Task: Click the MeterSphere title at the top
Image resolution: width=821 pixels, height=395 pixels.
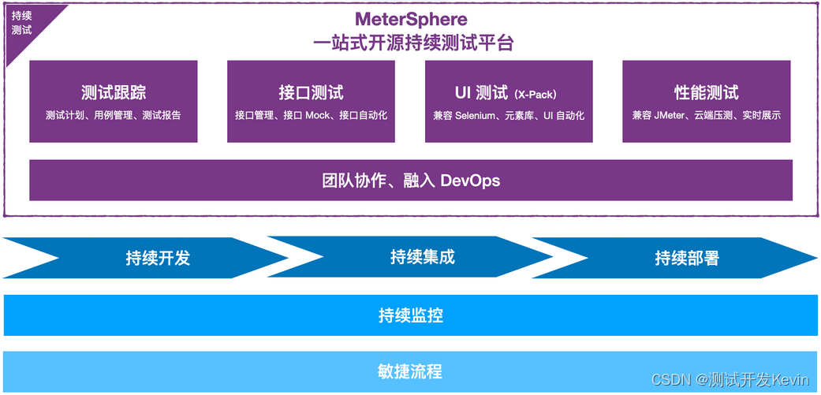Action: pyautogui.click(x=411, y=19)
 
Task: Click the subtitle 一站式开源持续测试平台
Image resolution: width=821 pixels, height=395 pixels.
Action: pyautogui.click(x=411, y=43)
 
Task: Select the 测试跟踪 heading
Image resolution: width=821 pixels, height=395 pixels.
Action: pyautogui.click(x=114, y=92)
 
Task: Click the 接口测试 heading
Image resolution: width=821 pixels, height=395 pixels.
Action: pyautogui.click(x=311, y=92)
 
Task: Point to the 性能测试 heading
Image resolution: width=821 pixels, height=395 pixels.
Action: pyautogui.click(x=707, y=92)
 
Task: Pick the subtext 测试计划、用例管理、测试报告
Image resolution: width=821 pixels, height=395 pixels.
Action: pyautogui.click(x=114, y=115)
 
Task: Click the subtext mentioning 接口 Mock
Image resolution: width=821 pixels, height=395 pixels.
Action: pyautogui.click(x=311, y=115)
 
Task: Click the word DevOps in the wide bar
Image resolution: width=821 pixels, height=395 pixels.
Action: pyautogui.click(x=470, y=181)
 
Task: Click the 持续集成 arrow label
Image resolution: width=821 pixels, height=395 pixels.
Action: pyautogui.click(x=423, y=257)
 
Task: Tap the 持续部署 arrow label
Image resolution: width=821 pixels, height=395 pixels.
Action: pyautogui.click(x=687, y=258)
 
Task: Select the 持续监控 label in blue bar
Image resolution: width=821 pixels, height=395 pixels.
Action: pyautogui.click(x=411, y=316)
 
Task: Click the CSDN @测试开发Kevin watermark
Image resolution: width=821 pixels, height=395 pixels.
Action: pyautogui.click(x=730, y=380)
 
